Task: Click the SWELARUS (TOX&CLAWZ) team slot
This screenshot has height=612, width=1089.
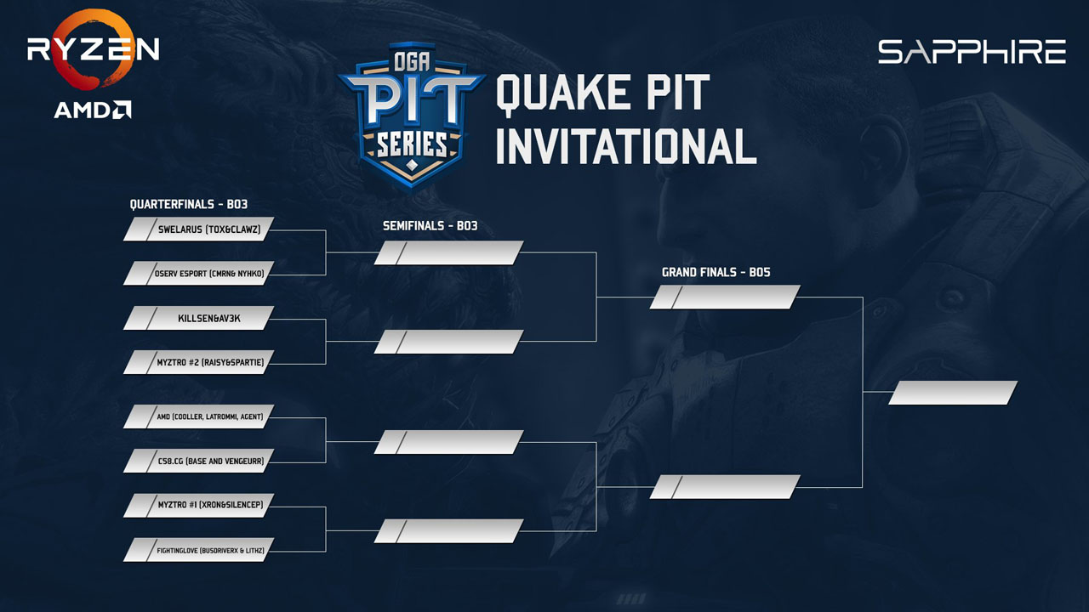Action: tap(199, 229)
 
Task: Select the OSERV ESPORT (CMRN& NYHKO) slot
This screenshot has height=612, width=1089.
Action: tap(199, 274)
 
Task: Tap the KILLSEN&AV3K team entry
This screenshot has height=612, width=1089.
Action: tap(199, 318)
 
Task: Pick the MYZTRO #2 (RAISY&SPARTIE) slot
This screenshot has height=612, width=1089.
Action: tap(199, 362)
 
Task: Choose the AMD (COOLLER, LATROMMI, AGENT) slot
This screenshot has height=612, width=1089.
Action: tap(199, 416)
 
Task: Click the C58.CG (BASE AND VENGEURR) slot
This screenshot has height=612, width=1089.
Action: tap(199, 461)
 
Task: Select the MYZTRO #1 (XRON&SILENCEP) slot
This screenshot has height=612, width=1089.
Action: tap(199, 506)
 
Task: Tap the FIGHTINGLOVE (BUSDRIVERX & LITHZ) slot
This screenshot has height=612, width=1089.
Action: tap(199, 550)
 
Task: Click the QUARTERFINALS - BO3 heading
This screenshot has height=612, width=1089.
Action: tap(189, 205)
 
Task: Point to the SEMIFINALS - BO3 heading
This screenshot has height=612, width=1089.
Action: tap(430, 226)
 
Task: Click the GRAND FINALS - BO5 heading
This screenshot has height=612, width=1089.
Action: tap(716, 273)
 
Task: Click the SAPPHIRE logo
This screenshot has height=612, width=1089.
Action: tap(972, 52)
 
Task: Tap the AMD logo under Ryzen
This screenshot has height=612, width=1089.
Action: tap(93, 110)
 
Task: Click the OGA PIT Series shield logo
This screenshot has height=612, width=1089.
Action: tap(412, 116)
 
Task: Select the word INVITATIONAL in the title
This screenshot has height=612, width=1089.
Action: tap(626, 146)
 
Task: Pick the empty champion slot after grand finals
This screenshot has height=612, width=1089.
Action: tap(953, 393)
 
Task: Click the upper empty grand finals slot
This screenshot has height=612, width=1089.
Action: tap(725, 297)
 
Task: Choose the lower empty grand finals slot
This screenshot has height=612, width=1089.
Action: tap(725, 487)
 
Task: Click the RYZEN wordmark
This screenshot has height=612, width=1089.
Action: tap(94, 49)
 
